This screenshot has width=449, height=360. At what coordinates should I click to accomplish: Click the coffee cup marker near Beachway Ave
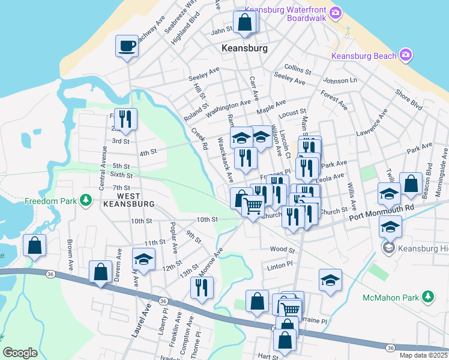(127, 46)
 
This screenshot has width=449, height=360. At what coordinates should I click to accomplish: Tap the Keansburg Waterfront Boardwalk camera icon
(336, 13)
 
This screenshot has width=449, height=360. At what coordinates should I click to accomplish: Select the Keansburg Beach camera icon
(406, 55)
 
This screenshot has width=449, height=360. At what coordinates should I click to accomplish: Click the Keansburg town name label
(244, 48)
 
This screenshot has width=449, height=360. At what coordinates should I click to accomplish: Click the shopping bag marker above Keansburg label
(245, 23)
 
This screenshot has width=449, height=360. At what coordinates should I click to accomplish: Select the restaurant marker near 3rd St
(125, 119)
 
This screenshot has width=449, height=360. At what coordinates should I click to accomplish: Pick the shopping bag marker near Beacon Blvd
(411, 184)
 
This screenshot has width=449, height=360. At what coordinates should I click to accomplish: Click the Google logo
(20, 353)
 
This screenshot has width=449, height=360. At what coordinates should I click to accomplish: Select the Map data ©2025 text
(423, 355)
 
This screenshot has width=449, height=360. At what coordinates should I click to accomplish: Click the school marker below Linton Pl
(330, 281)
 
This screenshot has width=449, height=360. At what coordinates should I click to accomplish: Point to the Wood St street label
(282, 249)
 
